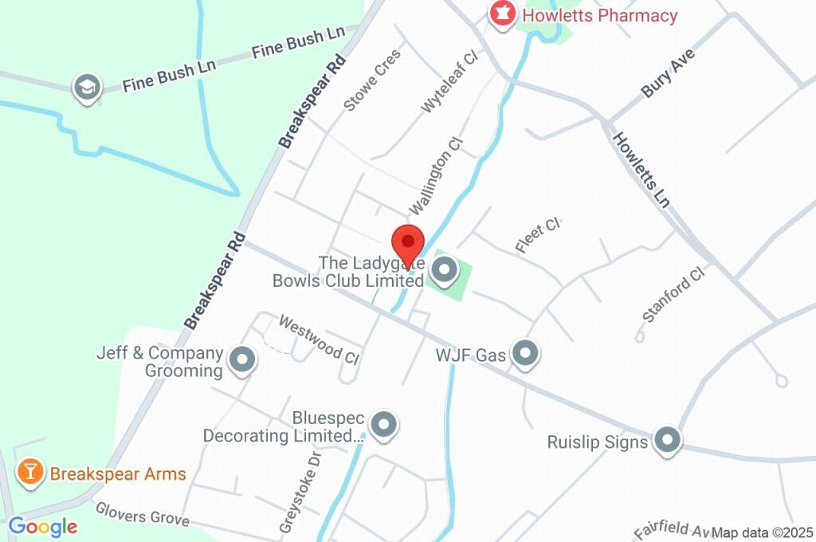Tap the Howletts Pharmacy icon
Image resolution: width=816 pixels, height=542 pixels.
coord(502,14)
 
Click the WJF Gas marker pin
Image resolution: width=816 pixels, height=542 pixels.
coord(525,354)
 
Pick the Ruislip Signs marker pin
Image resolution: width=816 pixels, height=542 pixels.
coord(667,439)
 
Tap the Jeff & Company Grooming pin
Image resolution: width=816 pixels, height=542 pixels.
coord(241,360)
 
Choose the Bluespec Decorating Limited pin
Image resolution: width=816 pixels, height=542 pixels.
coord(385,426)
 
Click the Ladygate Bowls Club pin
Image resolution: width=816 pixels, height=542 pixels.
coord(444,272)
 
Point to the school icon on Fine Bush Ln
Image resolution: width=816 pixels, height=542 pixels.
coord(86,88)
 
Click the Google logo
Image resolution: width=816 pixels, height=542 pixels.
coord(43,526)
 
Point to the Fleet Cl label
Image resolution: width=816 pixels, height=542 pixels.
coord(539,235)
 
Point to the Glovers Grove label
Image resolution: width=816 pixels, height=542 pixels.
coord(143,514)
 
